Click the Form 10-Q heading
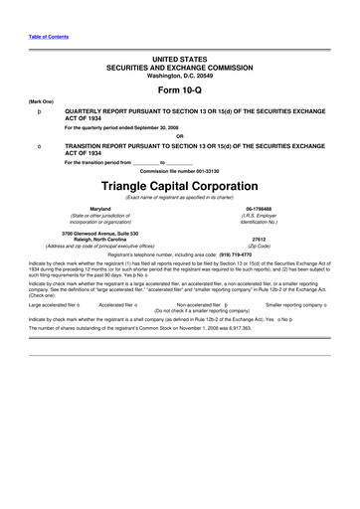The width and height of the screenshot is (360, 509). click(x=180, y=88)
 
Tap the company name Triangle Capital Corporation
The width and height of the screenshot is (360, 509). click(x=180, y=187)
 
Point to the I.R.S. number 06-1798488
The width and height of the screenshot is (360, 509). click(x=258, y=209)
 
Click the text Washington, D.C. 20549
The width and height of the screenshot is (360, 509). click(x=180, y=76)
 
